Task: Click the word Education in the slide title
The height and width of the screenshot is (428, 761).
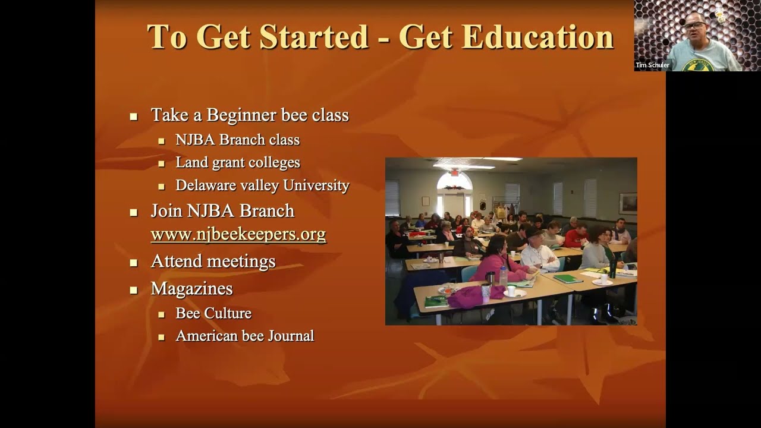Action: tap(537, 37)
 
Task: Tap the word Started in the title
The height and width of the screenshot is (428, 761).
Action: tap(314, 37)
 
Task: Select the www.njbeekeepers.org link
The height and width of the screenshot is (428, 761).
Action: tap(238, 234)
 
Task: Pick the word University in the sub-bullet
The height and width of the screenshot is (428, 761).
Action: tap(316, 185)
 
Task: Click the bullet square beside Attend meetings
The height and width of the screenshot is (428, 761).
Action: tap(134, 262)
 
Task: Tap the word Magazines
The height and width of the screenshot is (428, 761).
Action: tap(191, 289)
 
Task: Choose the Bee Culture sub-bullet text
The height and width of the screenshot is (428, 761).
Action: tap(213, 313)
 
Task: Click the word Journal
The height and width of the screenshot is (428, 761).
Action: tap(291, 336)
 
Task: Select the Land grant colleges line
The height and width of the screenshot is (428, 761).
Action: tap(238, 162)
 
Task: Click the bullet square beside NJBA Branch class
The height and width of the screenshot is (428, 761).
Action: tap(161, 141)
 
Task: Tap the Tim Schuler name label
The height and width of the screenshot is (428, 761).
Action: tap(652, 65)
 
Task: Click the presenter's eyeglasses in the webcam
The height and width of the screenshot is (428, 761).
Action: tap(696, 25)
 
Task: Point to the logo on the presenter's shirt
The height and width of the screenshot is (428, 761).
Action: tap(697, 65)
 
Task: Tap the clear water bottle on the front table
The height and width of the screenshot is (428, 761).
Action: tap(504, 276)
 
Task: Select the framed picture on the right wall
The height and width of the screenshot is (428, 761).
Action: tap(628, 203)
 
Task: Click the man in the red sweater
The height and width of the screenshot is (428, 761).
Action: tap(575, 236)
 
